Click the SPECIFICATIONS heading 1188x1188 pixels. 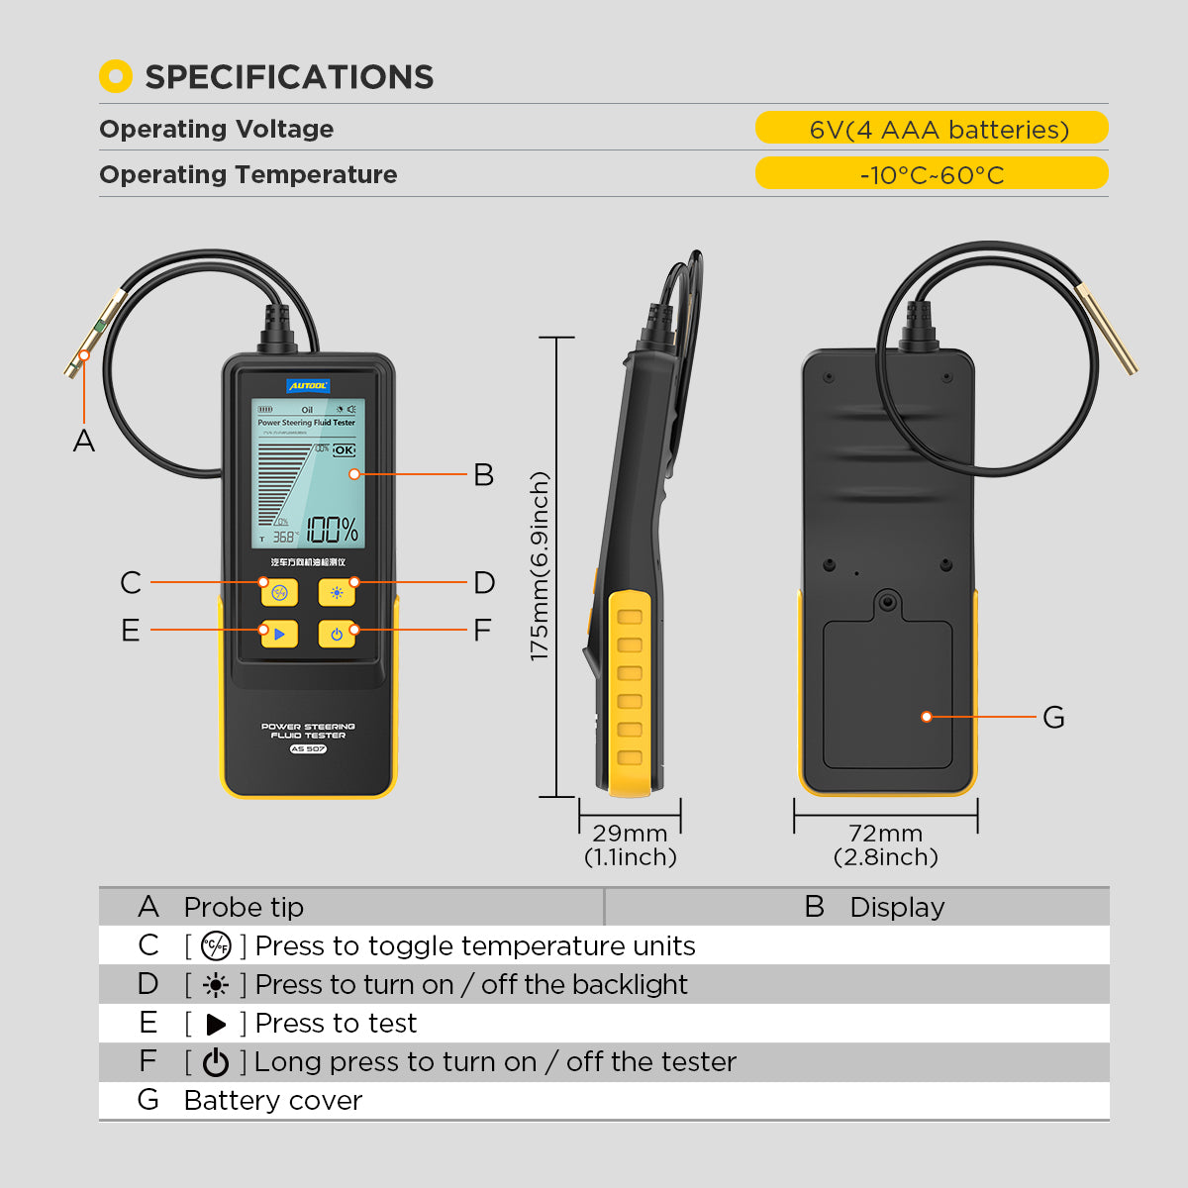[288, 77]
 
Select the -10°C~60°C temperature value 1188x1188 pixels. [932, 175]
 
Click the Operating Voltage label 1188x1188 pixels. [216, 129]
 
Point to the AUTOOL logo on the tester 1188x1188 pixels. [308, 386]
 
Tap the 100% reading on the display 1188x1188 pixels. [332, 530]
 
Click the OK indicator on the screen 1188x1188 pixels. [344, 450]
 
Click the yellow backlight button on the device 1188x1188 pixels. [337, 593]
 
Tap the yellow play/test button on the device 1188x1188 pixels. [279, 634]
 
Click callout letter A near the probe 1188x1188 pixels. [84, 442]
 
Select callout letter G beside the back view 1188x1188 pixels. [1053, 718]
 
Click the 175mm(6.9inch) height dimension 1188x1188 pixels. [540, 566]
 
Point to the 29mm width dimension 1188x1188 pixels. [630, 834]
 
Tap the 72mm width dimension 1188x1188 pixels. [885, 834]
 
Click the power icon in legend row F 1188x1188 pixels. [215, 1062]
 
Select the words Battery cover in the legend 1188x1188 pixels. [273, 1101]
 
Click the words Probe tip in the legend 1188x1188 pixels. [244, 907]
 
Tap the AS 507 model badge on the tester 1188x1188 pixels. [308, 749]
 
